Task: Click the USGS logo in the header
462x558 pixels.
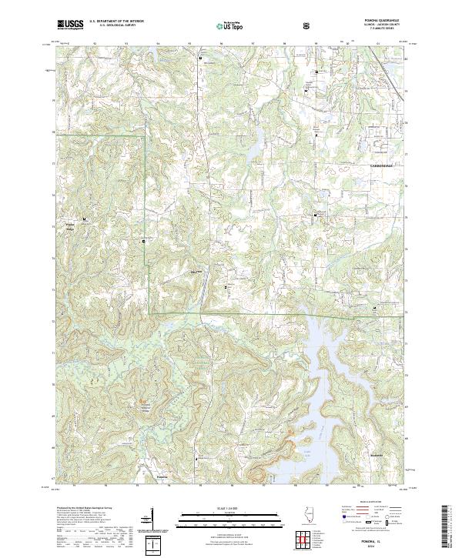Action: [70, 25]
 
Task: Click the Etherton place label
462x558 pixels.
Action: [196, 272]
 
